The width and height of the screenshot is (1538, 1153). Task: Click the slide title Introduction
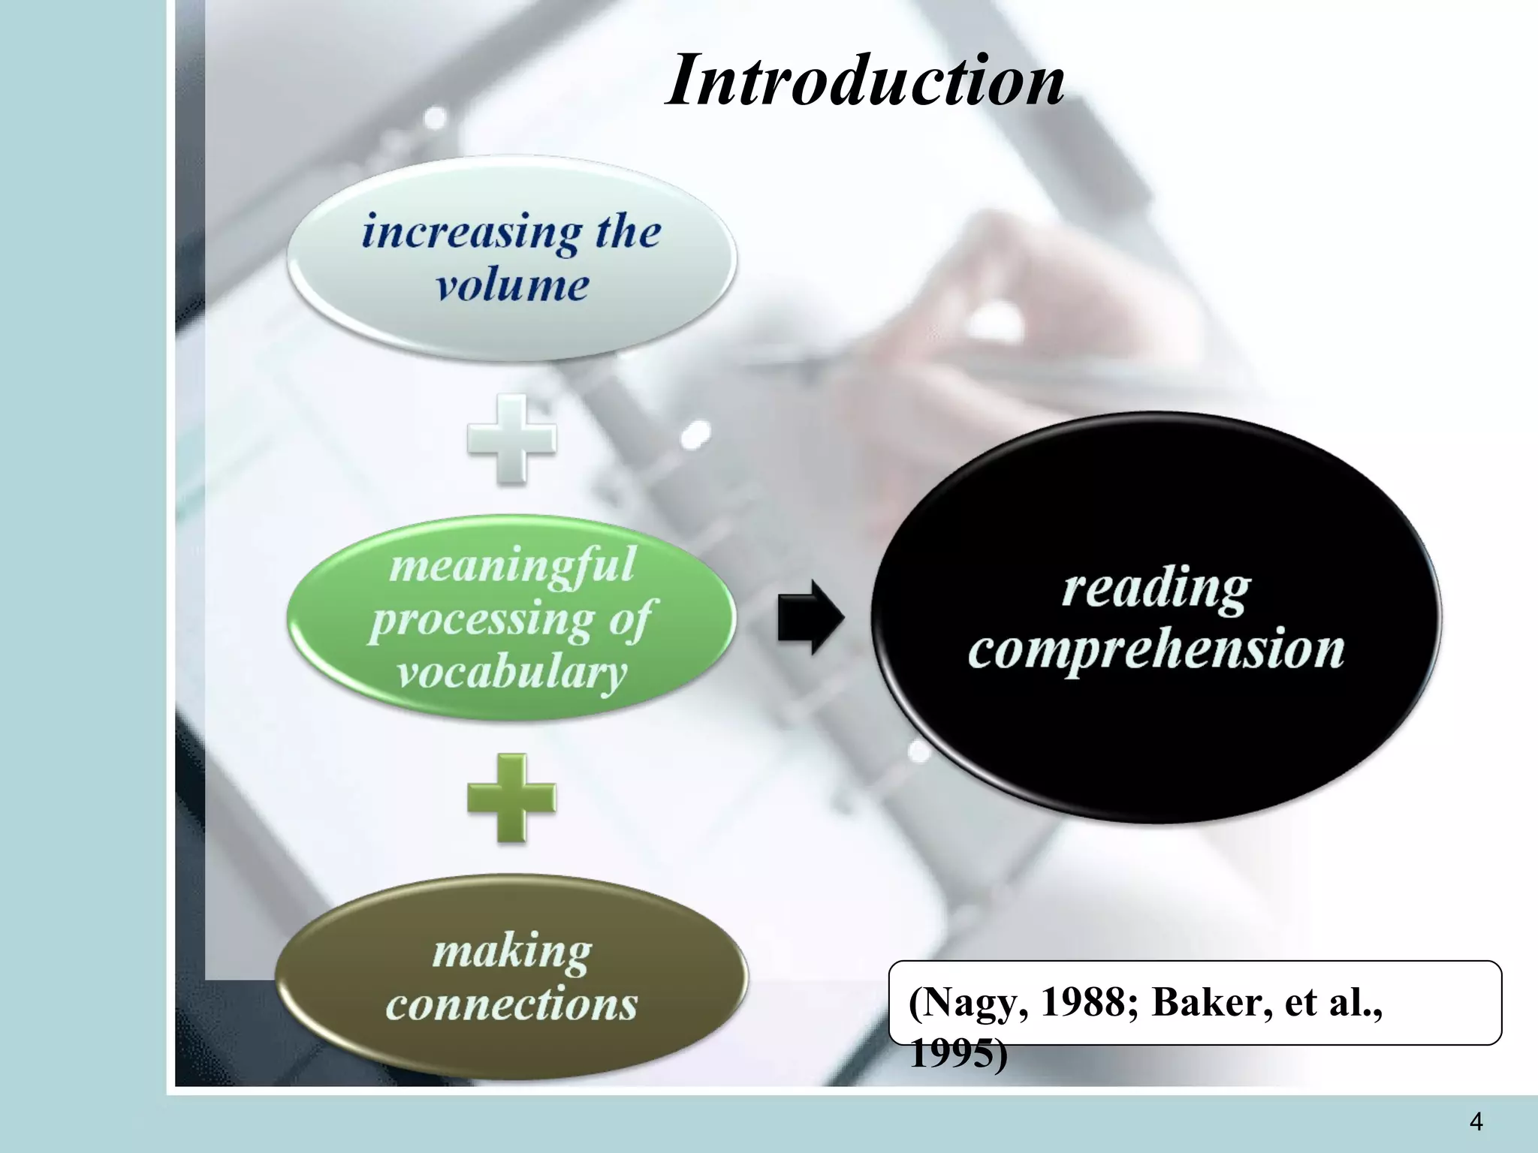click(x=864, y=80)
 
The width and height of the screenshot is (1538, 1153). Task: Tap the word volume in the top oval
click(x=512, y=286)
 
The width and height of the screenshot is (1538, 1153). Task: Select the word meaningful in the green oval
click(x=512, y=564)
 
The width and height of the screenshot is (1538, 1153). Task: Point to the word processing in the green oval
click(x=481, y=620)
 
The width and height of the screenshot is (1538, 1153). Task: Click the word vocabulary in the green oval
click(x=512, y=673)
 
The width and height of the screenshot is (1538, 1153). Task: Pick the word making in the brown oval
click(x=512, y=952)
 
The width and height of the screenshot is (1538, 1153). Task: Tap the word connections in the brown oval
click(x=512, y=1004)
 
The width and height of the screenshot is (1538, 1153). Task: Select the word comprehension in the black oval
click(x=1157, y=649)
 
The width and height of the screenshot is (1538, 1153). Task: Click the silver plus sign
click(x=511, y=439)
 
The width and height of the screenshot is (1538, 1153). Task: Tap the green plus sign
click(x=511, y=798)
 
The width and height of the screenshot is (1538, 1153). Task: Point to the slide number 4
click(x=1476, y=1121)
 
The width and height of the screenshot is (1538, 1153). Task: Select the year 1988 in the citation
click(x=1089, y=1001)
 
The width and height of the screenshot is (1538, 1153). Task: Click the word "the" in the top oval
click(x=629, y=231)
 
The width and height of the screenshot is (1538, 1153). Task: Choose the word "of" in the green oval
click(x=631, y=620)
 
